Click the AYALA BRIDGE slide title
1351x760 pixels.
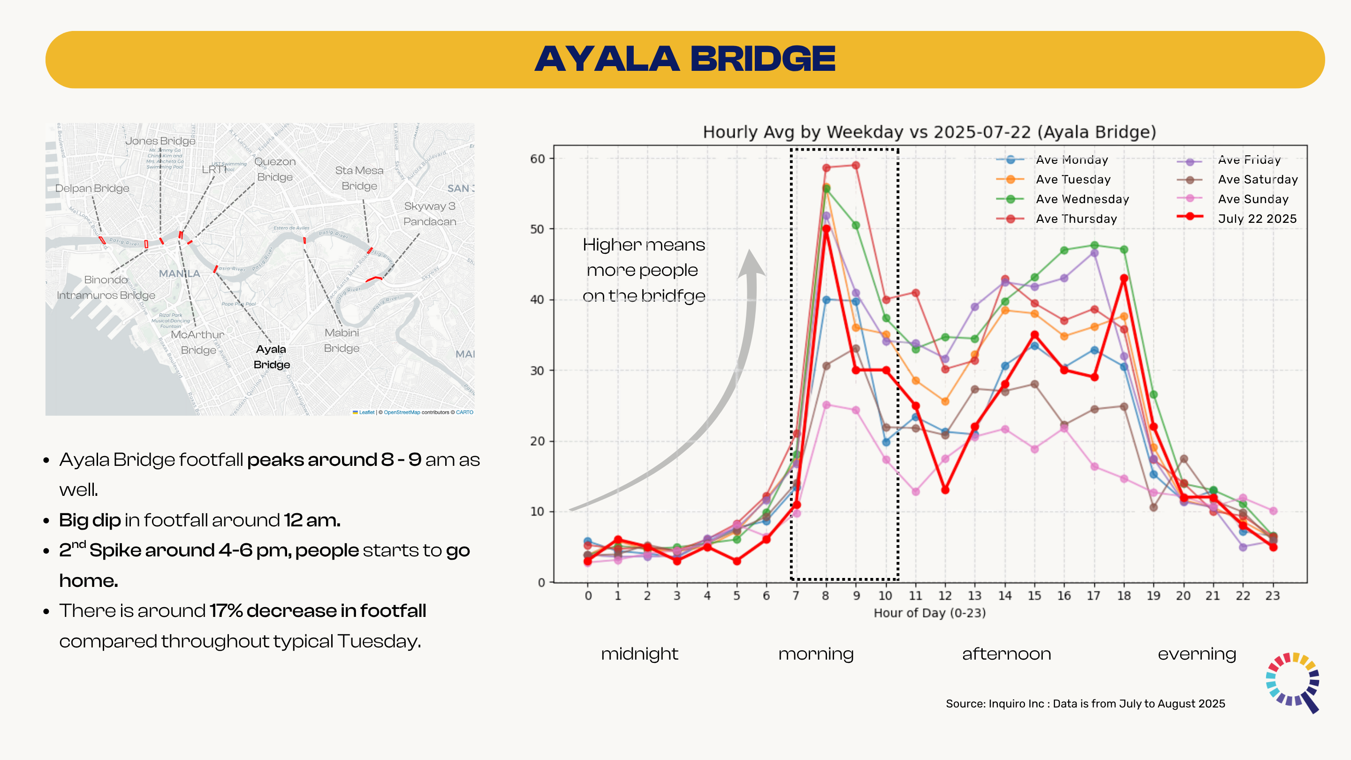pyautogui.click(x=684, y=59)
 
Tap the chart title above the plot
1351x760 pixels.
pyautogui.click(x=929, y=132)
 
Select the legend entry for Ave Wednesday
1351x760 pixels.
pyautogui.click(x=1082, y=199)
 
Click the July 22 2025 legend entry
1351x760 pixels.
pyautogui.click(x=1257, y=219)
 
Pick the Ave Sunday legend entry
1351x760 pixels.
pyautogui.click(x=1252, y=199)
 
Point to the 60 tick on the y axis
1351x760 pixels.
pyautogui.click(x=538, y=159)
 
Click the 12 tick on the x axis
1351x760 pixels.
pyautogui.click(x=945, y=596)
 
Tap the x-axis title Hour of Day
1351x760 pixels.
pyautogui.click(x=929, y=613)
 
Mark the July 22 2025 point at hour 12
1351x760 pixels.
pyautogui.click(x=945, y=490)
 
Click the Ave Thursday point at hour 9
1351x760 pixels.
pyautogui.click(x=856, y=165)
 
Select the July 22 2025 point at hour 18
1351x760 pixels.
pyautogui.click(x=1124, y=279)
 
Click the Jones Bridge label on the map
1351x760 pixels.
pyautogui.click(x=160, y=141)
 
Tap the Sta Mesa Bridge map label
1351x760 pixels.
pyautogui.click(x=359, y=178)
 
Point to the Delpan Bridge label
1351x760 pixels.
pyautogui.click(x=92, y=188)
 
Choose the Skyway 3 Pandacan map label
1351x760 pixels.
pyautogui.click(x=430, y=213)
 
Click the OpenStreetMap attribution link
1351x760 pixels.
pyautogui.click(x=402, y=412)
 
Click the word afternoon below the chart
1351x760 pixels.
pyautogui.click(x=1006, y=654)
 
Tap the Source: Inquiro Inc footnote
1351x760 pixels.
pyautogui.click(x=1085, y=703)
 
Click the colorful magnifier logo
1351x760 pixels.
pyautogui.click(x=1293, y=680)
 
